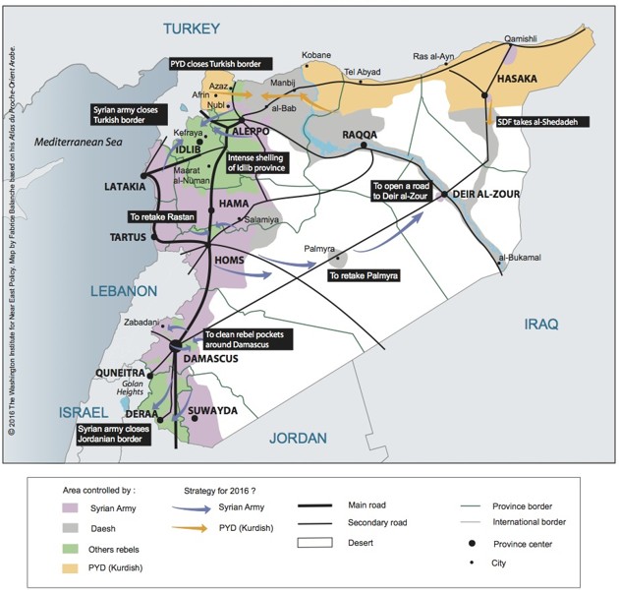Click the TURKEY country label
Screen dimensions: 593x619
(x=192, y=27)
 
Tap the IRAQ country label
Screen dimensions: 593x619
(x=539, y=324)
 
